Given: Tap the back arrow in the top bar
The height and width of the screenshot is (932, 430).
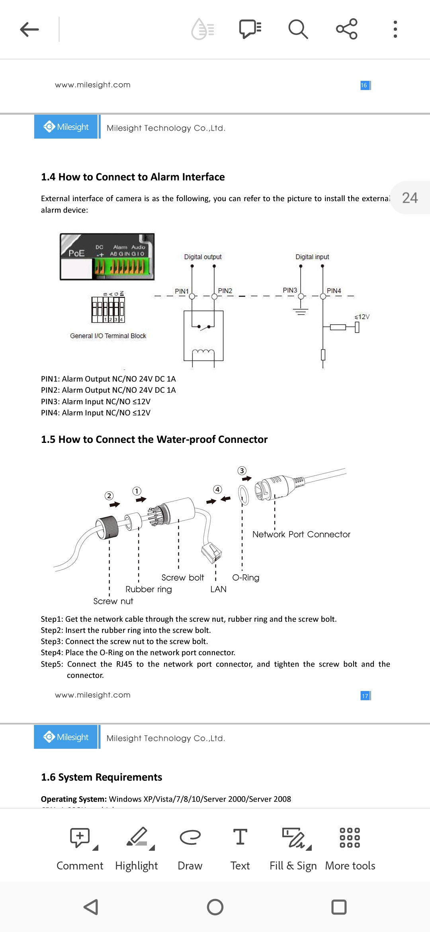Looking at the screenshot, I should click(x=29, y=29).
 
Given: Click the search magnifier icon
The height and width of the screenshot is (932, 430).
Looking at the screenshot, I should click(x=298, y=29).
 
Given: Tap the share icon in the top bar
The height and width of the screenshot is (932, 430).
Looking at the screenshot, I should click(x=346, y=29).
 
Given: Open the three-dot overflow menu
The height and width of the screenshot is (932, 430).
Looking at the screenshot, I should click(x=395, y=29).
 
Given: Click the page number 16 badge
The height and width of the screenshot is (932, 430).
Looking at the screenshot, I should click(x=364, y=85).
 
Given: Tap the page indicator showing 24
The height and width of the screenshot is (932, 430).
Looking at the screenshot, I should click(x=410, y=198).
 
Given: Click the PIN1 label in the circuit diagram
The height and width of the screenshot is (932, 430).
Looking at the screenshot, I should click(x=182, y=291).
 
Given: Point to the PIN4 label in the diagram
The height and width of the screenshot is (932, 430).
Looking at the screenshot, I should click(x=334, y=291).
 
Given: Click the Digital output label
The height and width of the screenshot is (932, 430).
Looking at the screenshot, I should click(x=203, y=257).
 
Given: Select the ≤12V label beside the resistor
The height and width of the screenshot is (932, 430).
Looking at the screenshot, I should click(x=362, y=317).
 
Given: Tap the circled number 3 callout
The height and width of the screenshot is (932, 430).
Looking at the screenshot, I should click(x=242, y=471).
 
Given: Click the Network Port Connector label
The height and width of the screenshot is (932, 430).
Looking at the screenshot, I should click(x=301, y=535).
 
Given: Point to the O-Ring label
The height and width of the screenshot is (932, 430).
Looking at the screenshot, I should click(x=246, y=578).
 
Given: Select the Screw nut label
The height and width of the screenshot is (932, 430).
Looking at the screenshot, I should click(x=113, y=601).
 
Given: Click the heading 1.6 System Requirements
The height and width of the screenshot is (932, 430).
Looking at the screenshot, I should click(x=102, y=777).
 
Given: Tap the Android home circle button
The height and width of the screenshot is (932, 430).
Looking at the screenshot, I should click(x=215, y=907).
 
